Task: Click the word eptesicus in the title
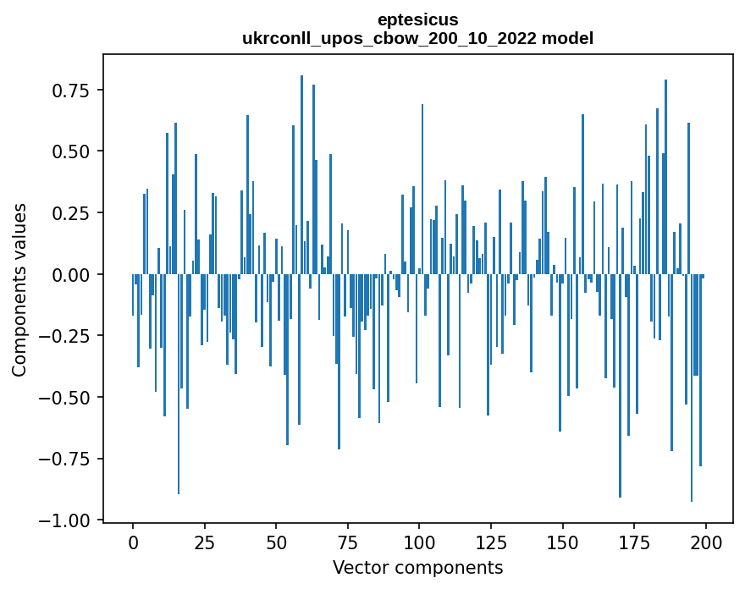(418, 19)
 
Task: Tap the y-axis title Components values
(19, 289)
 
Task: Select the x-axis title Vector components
(418, 567)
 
